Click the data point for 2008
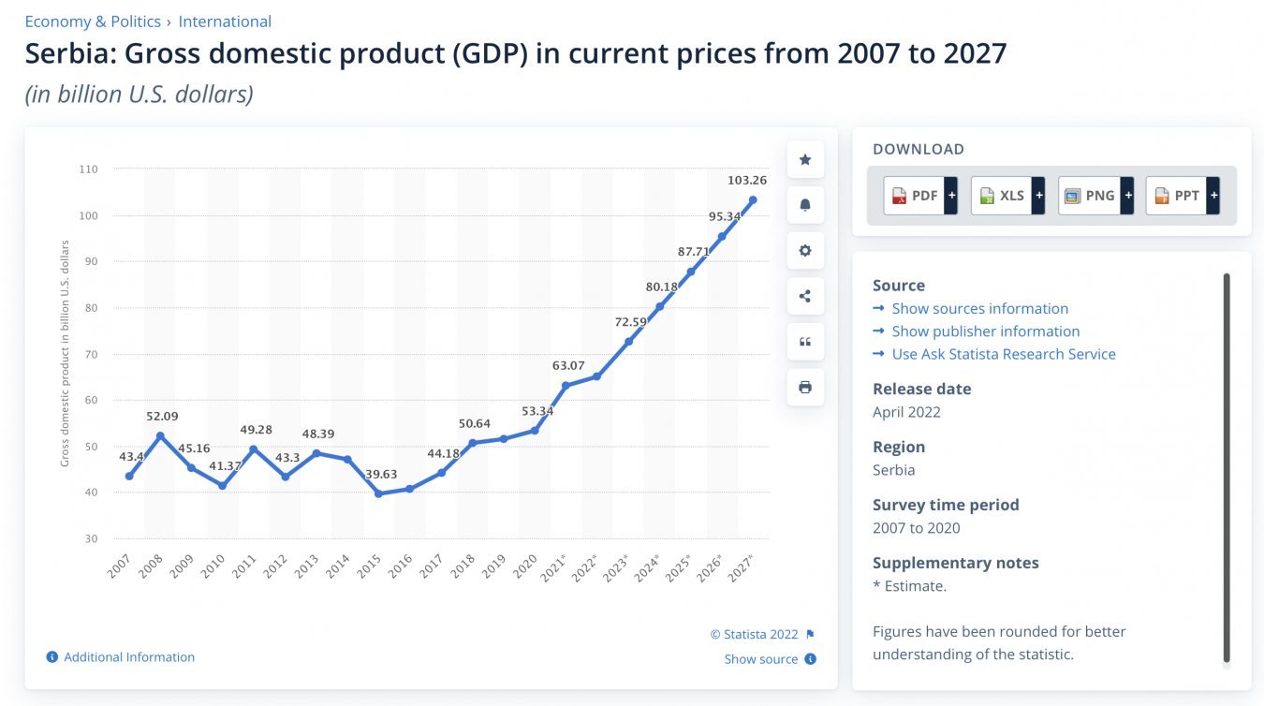(160, 436)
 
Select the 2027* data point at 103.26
(753, 199)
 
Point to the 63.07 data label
(568, 366)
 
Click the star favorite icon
(805, 160)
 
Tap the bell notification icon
(805, 205)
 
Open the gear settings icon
(805, 251)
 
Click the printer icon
(805, 388)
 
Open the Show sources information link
(979, 309)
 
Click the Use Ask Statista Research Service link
(1004, 354)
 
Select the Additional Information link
(129, 657)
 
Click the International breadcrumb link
(225, 22)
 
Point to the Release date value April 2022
(906, 412)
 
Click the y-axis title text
(65, 353)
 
